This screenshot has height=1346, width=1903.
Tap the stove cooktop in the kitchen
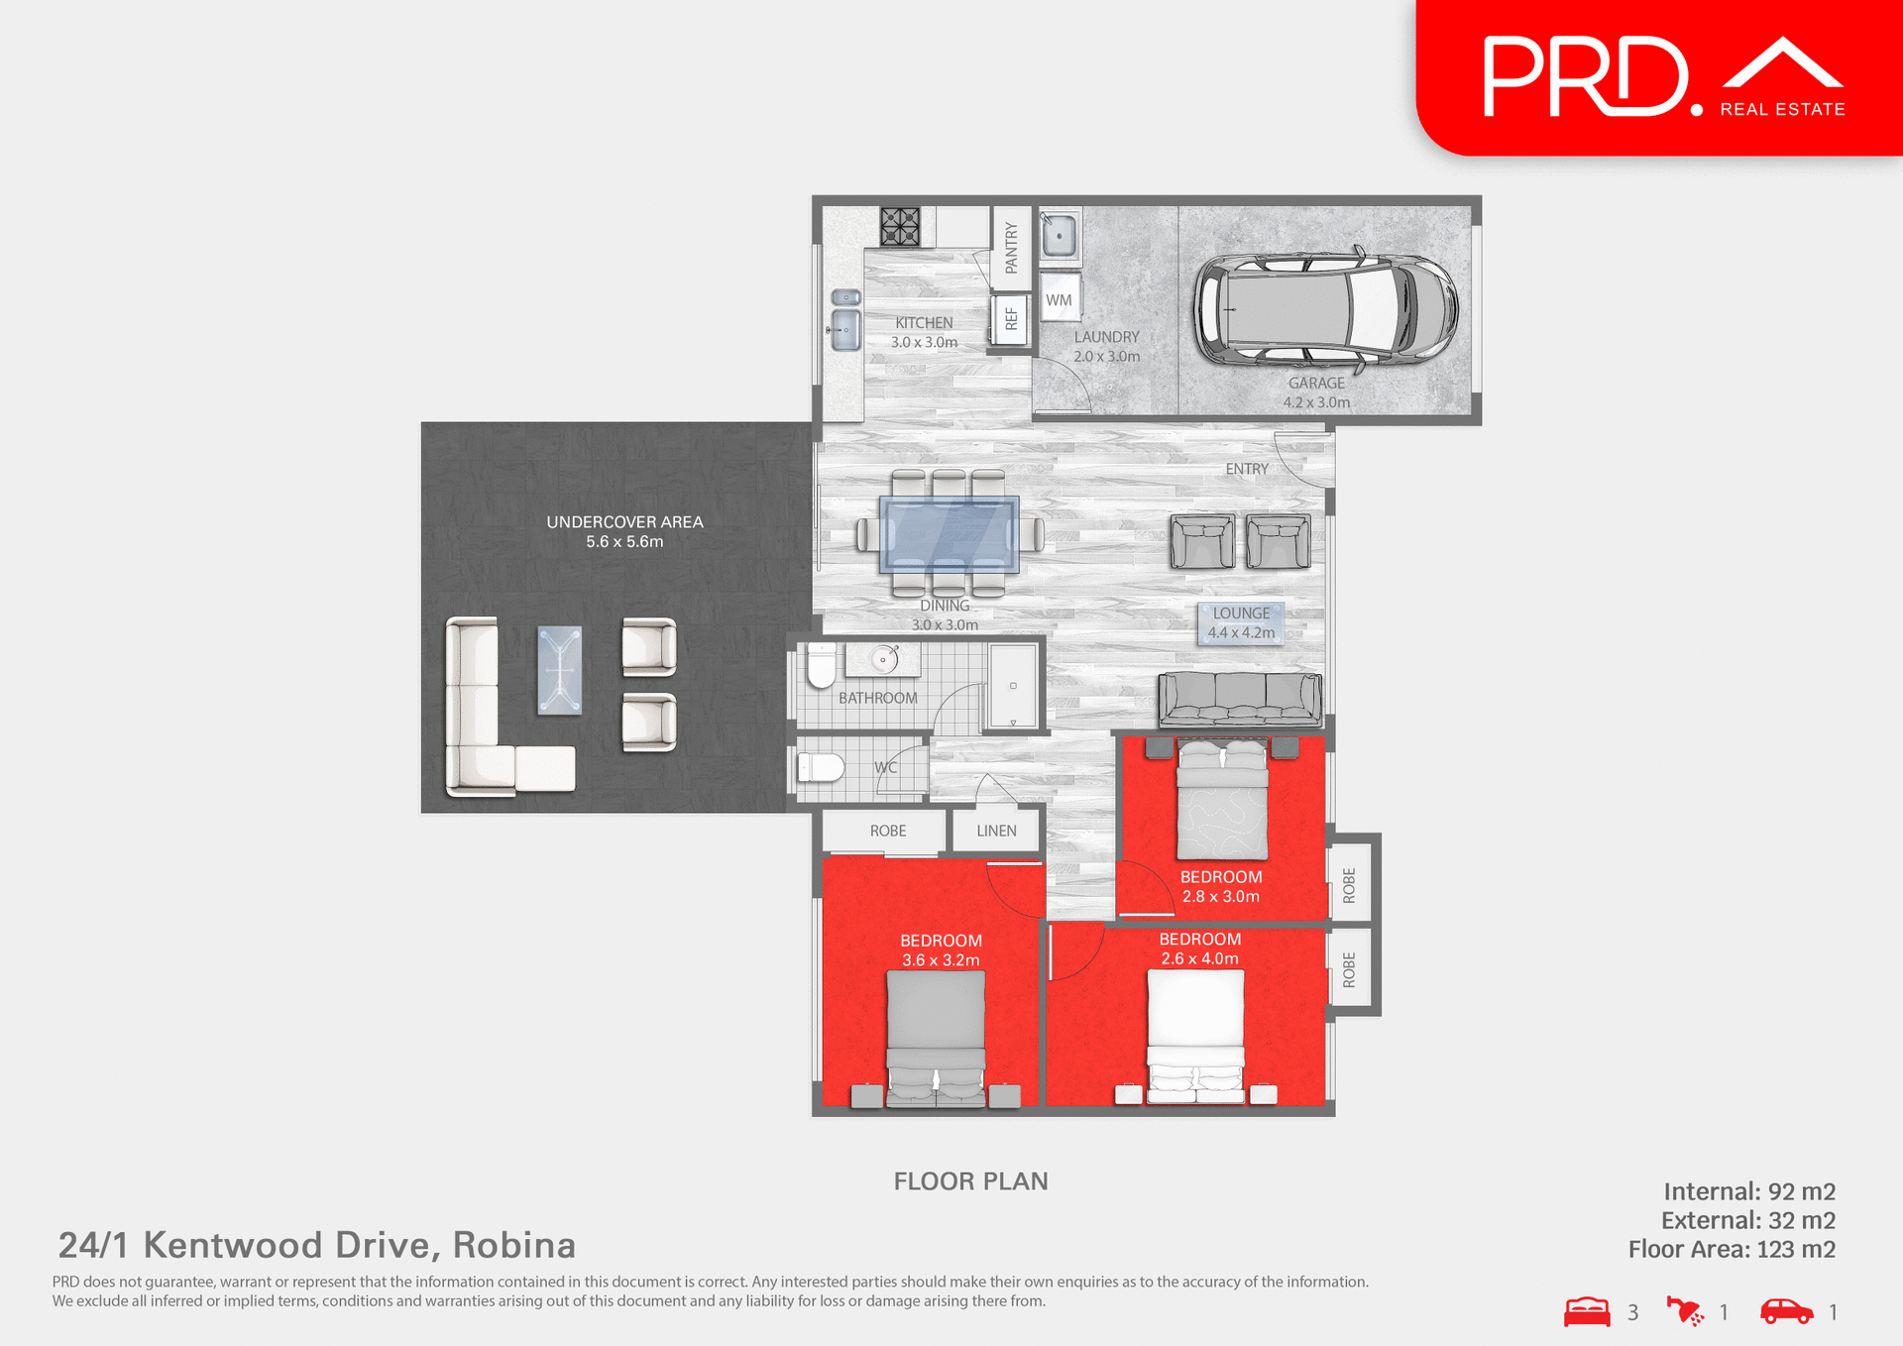point(900,226)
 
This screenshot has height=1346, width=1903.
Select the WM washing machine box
point(1059,299)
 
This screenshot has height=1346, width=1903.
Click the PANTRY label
point(1011,247)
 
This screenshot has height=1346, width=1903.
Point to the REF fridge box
point(1010,319)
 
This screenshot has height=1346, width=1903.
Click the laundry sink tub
point(1060,236)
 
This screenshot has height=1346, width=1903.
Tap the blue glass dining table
point(949,535)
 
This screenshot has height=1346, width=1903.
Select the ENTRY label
point(1246,469)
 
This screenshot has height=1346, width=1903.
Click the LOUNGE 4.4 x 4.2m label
point(1241,623)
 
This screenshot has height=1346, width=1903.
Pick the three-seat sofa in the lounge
point(1239,700)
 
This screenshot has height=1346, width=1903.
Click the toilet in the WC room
point(821,766)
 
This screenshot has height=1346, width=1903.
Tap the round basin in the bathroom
point(882,659)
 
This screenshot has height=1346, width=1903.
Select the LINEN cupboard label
point(996,831)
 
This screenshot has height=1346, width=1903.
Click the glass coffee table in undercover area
point(559,670)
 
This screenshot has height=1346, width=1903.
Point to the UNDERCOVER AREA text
point(624,522)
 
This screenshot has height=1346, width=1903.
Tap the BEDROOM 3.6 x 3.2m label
point(941,950)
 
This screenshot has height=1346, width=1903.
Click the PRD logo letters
point(1586,77)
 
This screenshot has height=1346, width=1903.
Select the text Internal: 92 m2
point(1748,1191)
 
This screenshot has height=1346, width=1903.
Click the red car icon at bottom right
point(1786,1311)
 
